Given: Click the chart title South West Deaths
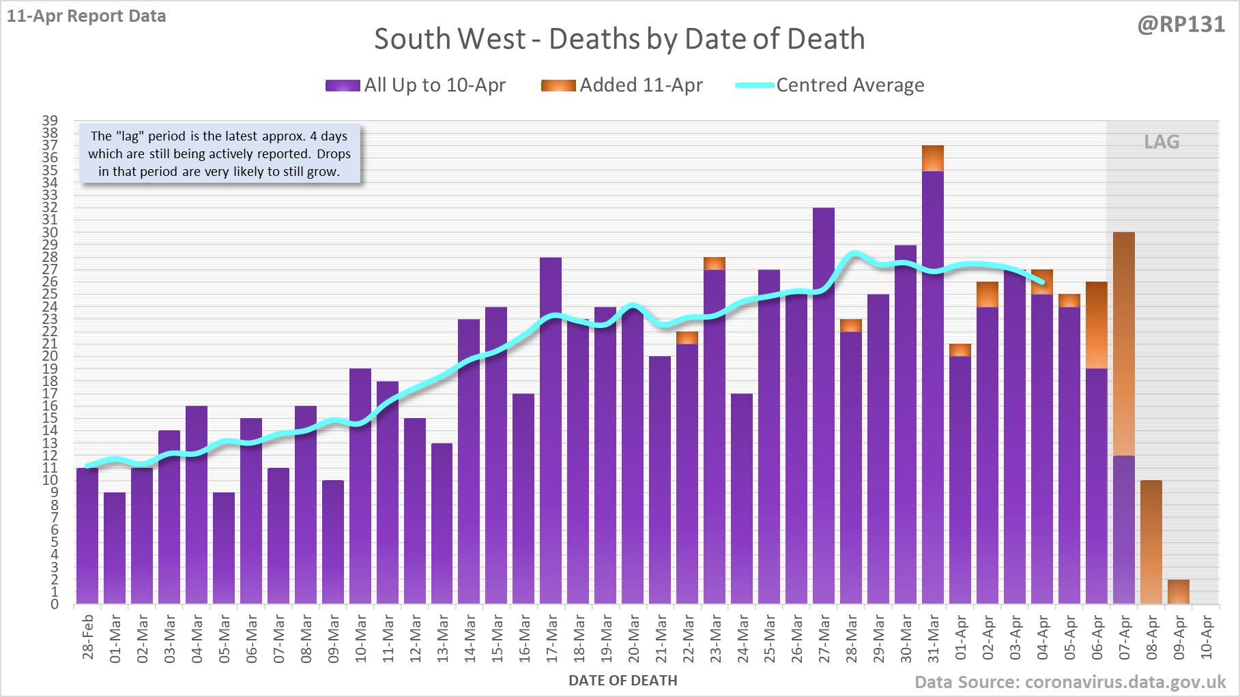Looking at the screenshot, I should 619,39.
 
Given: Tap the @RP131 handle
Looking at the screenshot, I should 1181,25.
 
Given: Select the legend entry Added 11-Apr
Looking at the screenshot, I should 622,85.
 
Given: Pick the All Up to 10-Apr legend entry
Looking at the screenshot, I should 416,85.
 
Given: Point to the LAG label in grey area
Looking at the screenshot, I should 1162,142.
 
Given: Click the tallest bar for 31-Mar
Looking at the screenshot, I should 933,382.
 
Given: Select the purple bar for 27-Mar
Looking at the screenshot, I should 824,409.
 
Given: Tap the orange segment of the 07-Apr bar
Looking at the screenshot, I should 1124,341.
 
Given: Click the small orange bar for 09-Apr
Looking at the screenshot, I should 1179,592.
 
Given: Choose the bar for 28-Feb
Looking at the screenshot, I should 87,536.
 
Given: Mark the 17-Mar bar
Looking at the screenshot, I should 551,430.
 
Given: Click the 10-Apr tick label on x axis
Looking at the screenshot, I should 1207,637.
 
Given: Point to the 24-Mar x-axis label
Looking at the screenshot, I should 742,638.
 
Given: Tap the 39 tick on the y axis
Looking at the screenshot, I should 50,121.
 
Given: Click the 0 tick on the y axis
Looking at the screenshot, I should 55,604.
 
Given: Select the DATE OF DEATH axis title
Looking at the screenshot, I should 622,681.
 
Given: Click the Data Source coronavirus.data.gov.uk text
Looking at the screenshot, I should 1069,682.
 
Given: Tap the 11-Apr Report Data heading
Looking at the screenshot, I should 87,16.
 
